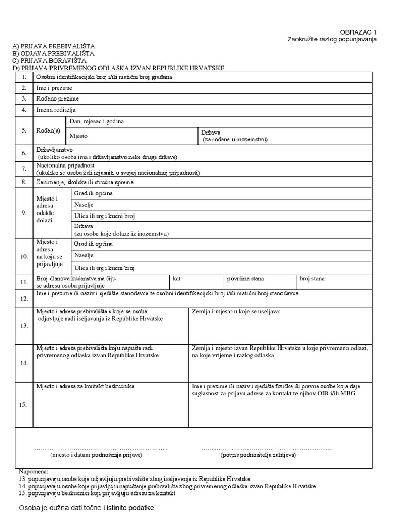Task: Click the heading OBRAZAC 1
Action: point(359,32)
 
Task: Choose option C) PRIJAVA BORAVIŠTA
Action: point(49,61)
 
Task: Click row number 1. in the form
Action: point(24,77)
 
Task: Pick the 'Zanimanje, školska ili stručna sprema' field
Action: point(85,182)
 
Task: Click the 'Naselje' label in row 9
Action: point(84,205)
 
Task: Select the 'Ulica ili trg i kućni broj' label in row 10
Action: point(105,268)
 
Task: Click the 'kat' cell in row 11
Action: point(177,279)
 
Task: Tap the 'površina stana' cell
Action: point(245,279)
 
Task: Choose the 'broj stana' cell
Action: point(312,279)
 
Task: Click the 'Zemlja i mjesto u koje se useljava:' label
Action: point(236,312)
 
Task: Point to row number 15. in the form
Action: point(24,405)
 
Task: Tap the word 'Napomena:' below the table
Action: point(33,471)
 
